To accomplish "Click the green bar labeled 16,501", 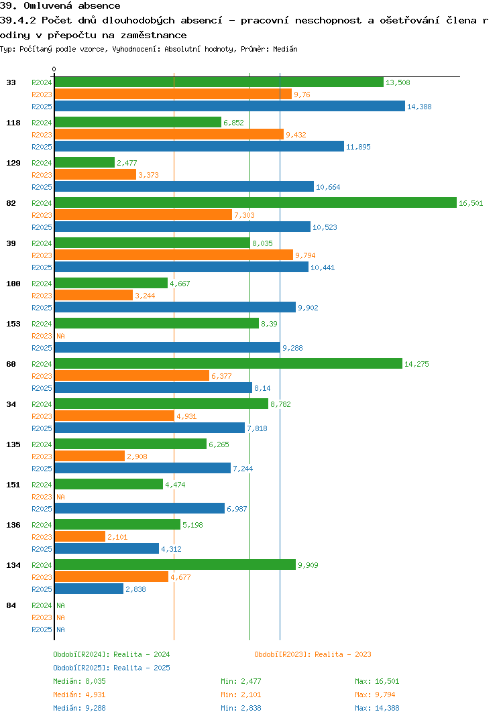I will (x=255, y=203).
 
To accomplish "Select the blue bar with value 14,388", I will (x=229, y=107).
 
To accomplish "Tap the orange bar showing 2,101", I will (x=80, y=537).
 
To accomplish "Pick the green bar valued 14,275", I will (x=228, y=364).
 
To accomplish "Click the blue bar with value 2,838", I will (x=89, y=589).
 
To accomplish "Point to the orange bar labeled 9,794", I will (x=174, y=255).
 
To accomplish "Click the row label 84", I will (x=11, y=605).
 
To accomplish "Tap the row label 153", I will (x=13, y=324).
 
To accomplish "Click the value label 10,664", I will (x=328, y=187).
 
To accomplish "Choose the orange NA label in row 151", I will (x=60, y=497).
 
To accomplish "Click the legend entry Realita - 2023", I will (x=313, y=654).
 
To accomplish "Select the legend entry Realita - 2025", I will (x=111, y=668).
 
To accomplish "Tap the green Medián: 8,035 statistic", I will (x=79, y=681).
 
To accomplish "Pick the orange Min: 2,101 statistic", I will (x=243, y=695).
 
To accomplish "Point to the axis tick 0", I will (x=54, y=69).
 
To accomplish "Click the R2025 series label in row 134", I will (x=42, y=589).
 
